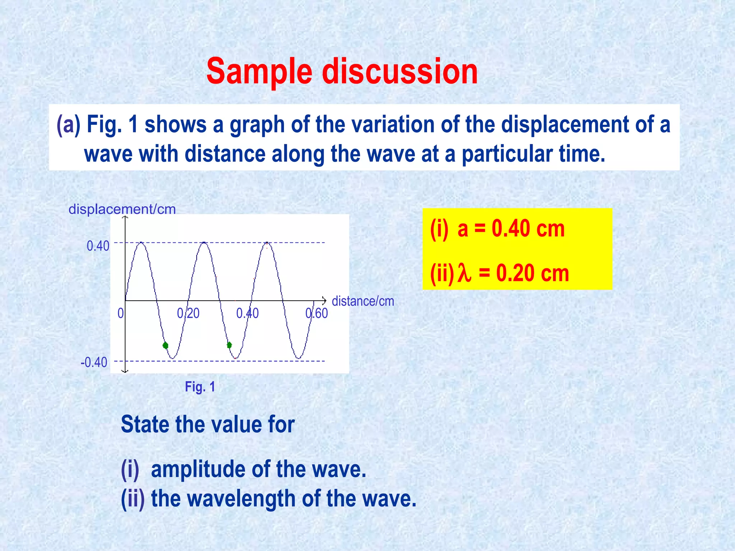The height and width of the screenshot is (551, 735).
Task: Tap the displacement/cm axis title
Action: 122,209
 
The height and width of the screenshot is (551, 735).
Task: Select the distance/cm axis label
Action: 363,301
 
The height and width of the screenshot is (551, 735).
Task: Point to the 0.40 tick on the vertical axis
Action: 98,246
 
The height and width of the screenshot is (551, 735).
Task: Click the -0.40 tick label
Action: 94,362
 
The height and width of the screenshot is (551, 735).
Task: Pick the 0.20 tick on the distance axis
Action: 188,314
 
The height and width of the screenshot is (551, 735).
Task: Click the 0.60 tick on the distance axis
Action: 317,314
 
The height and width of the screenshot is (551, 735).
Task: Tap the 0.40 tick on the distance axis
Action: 247,314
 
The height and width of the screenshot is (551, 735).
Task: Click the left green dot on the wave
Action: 165,345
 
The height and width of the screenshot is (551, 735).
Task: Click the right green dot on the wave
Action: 229,345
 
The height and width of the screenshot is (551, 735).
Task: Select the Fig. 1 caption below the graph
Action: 200,387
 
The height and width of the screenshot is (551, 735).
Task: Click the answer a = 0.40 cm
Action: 511,229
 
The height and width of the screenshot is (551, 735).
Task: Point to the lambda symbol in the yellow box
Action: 464,274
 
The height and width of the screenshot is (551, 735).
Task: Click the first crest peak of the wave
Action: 141,243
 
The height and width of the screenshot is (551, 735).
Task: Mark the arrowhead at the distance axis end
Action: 325,301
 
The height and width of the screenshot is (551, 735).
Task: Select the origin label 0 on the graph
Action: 121,314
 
